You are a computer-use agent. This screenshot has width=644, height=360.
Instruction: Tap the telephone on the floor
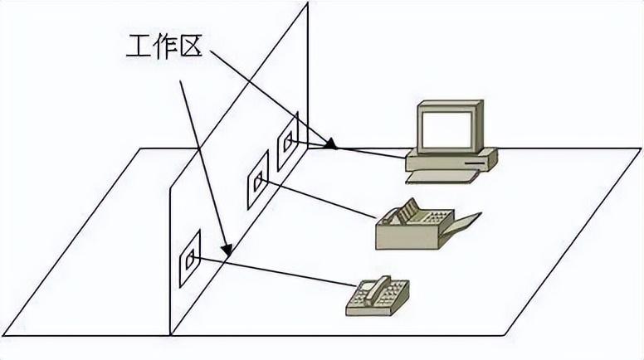pos(377,296)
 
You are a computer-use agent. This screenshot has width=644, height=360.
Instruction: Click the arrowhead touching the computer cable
pos(331,145)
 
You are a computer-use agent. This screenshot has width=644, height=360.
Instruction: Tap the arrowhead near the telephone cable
pos(225,247)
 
